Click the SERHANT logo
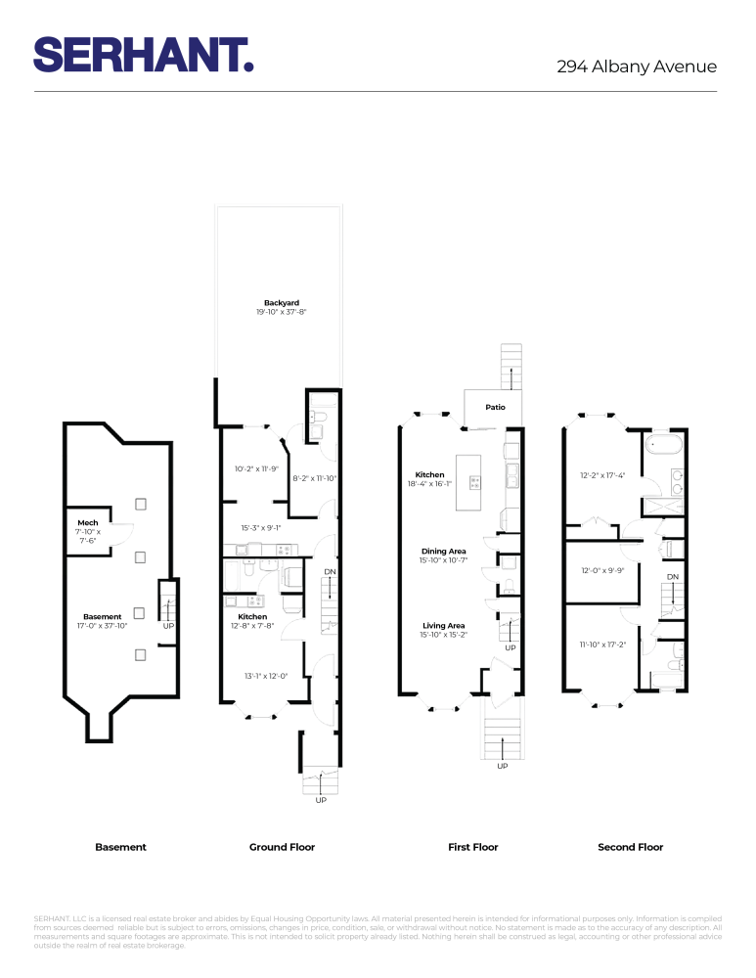point(144,55)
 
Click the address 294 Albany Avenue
point(637,67)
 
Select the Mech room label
point(88,523)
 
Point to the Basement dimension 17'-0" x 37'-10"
point(103,626)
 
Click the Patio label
point(494,407)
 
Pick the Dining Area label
point(443,552)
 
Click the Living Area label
point(443,626)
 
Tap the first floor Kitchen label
point(429,474)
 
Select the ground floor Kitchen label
point(252,617)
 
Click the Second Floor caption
point(630,847)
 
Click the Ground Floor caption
point(282,847)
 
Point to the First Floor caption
point(472,847)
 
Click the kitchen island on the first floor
point(476,481)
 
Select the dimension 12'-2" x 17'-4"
point(601,477)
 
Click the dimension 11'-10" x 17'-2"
point(601,645)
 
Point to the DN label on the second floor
point(672,578)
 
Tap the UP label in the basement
point(168,626)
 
